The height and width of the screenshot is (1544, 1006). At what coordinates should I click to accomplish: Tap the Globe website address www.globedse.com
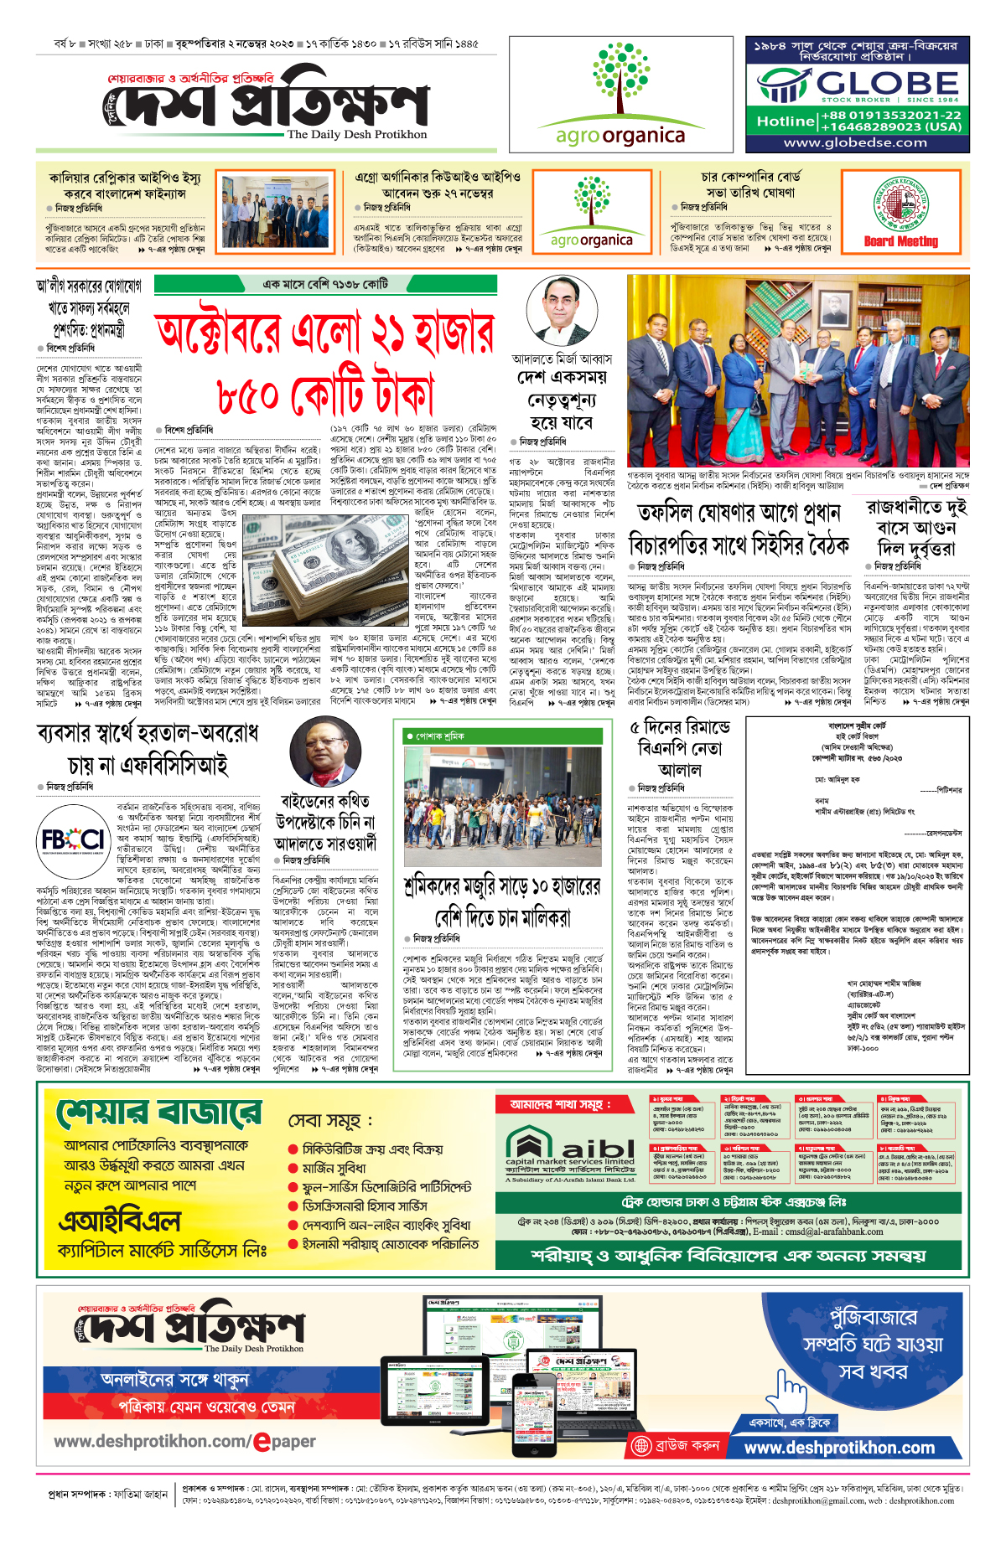coord(855,142)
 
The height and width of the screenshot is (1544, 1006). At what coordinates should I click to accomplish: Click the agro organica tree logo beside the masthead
coord(620,80)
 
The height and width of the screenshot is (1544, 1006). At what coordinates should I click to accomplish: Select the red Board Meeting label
coord(901,241)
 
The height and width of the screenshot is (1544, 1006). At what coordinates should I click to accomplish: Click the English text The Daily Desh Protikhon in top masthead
coord(356,134)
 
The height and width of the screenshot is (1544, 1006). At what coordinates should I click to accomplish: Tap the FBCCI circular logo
coord(74,840)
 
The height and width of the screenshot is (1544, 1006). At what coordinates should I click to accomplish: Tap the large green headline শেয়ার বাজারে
coord(158,1114)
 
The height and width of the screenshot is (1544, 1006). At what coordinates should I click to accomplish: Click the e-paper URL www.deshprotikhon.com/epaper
coord(184,1442)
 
